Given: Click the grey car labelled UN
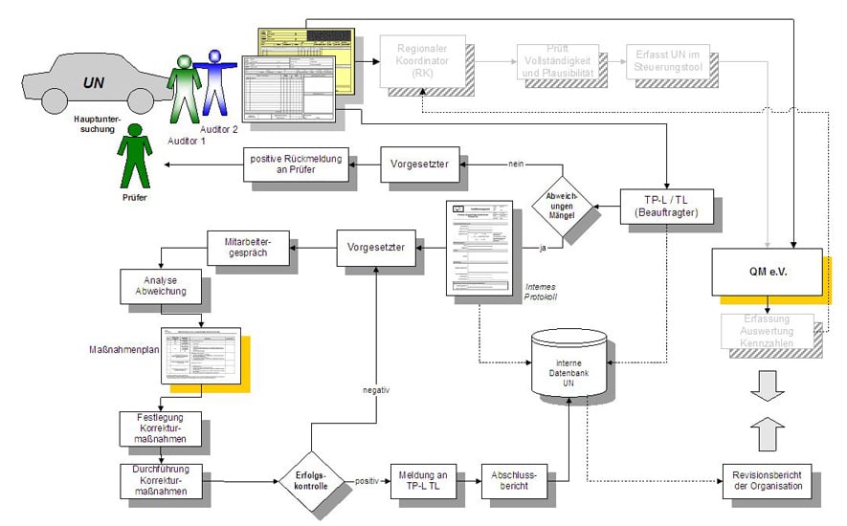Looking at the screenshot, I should tap(91, 80).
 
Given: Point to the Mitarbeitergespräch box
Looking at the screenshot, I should tap(248, 250).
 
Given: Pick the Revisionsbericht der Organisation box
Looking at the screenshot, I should tap(767, 479).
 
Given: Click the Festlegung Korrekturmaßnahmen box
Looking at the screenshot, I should tap(160, 428).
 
